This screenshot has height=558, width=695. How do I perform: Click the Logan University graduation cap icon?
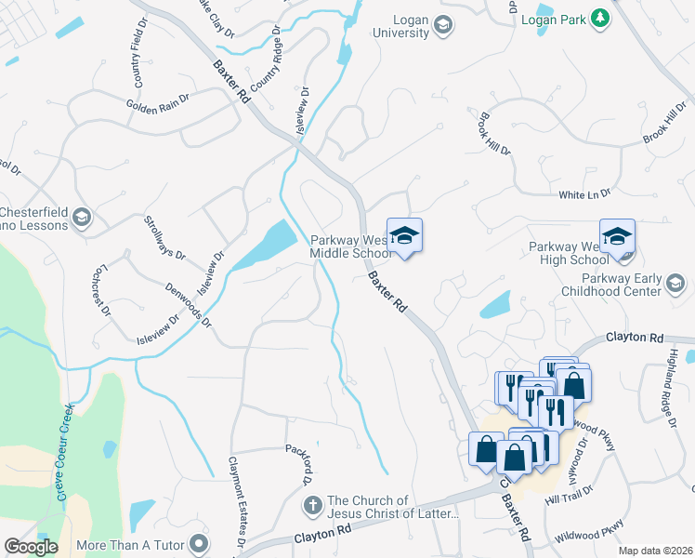[x=443, y=25]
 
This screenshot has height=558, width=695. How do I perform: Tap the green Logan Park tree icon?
[x=601, y=17]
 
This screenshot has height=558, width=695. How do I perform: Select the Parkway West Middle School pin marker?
[x=404, y=234]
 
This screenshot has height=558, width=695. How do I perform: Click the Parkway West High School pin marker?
[x=617, y=236]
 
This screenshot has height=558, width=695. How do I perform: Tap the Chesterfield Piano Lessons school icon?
[x=82, y=218]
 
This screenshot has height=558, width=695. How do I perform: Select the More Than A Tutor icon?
[x=197, y=543]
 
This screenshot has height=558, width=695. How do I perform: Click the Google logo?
[x=31, y=547]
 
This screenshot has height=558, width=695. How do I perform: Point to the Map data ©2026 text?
[x=655, y=551]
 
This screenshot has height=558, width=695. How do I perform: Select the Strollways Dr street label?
[x=164, y=237]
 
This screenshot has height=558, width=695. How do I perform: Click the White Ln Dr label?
[x=584, y=194]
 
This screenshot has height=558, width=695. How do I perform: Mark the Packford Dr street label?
[x=297, y=463]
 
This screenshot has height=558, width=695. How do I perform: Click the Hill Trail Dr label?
[x=568, y=494]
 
